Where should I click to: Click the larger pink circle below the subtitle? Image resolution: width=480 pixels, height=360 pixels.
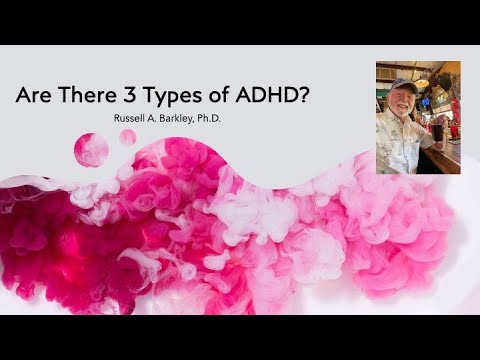tap(91, 149)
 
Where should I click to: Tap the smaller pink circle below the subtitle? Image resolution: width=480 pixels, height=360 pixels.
tap(128, 137)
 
